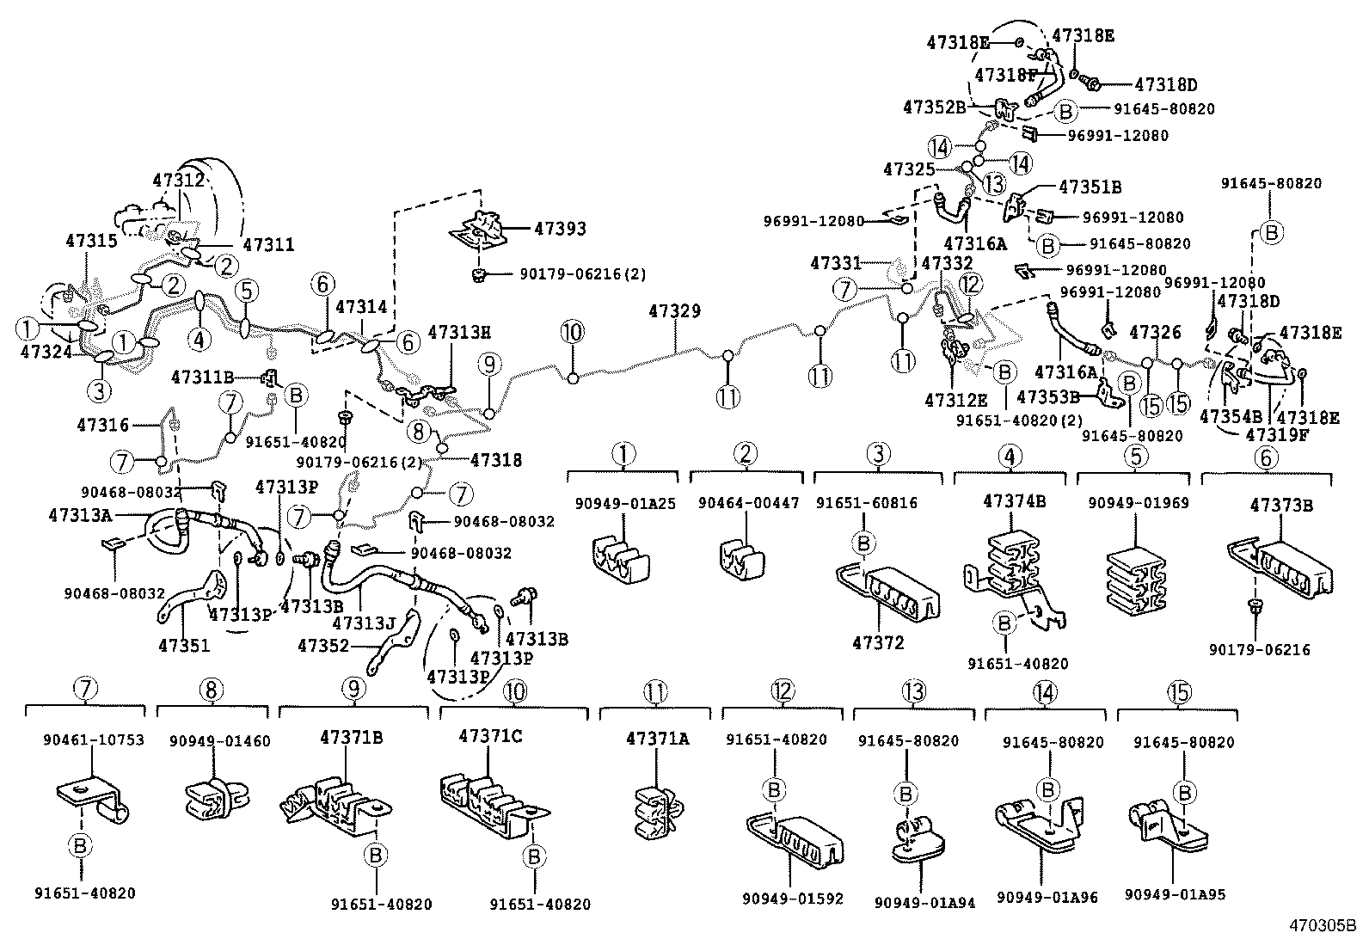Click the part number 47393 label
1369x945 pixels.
(x=560, y=229)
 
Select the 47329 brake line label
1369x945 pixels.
(x=675, y=311)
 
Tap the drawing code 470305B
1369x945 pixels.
(x=1321, y=927)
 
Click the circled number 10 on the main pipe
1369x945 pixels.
(x=572, y=332)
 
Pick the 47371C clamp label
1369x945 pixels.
(x=490, y=736)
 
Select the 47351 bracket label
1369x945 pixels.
(x=183, y=644)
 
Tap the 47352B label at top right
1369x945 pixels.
(x=935, y=107)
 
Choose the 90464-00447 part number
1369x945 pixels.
(x=746, y=503)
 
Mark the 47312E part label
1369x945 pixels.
(x=956, y=400)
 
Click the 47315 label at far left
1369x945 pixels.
(x=91, y=242)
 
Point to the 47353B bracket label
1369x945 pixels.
(x=1047, y=396)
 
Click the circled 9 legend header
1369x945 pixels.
(x=353, y=689)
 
